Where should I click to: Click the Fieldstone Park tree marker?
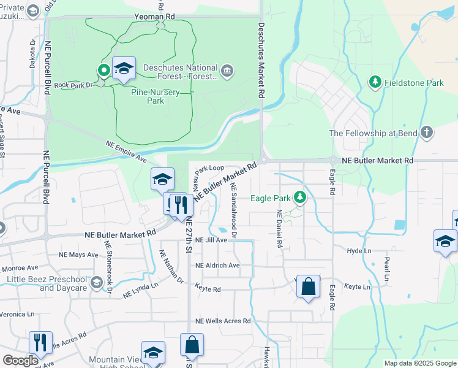(x=375, y=82)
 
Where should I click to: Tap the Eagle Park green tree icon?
(x=299, y=197)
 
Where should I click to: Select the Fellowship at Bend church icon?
(x=426, y=133)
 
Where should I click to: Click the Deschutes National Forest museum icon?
(x=227, y=71)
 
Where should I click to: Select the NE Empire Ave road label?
(x=127, y=150)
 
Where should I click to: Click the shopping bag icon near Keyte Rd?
(x=308, y=286)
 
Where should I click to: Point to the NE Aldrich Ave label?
(x=217, y=266)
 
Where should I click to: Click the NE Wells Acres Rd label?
(x=223, y=321)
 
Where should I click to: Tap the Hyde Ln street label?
(x=359, y=251)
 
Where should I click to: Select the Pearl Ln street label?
(x=386, y=268)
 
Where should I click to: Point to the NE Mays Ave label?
(x=78, y=255)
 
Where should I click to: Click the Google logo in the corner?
(x=20, y=361)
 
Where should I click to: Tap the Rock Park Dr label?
(x=72, y=85)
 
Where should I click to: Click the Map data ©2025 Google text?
(x=419, y=363)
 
